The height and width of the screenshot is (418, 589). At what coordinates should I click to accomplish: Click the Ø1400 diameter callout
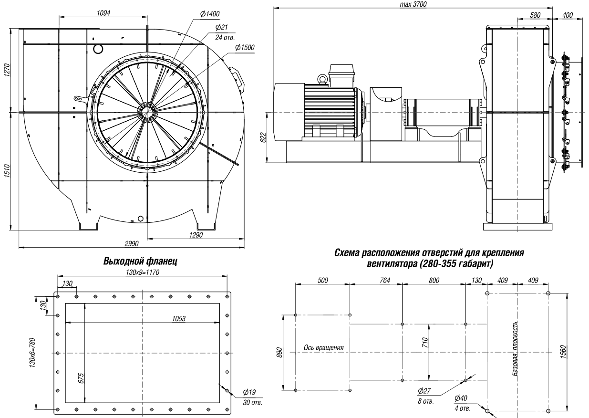pos(210,14)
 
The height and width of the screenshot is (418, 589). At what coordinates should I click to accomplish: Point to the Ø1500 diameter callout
pos(245,48)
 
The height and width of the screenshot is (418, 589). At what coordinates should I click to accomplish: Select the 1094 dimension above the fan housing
pos(103,13)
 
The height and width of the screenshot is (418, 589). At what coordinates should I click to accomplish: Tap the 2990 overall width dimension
pos(132,243)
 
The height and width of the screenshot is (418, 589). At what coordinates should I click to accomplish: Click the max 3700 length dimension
pos(413,4)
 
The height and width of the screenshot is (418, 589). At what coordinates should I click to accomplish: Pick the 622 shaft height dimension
pos(264,137)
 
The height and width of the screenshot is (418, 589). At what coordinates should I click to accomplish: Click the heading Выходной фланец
pos(140,261)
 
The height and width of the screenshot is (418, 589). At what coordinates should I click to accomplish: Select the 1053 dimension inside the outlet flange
pos(179,319)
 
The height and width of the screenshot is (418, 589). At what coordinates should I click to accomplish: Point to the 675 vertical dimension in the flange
pos(81,378)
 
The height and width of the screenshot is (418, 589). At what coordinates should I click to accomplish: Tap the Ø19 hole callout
pos(249,392)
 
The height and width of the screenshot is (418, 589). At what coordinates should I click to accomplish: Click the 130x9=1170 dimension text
pos(143,272)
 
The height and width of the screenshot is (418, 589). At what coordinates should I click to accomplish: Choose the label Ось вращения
pos(324,347)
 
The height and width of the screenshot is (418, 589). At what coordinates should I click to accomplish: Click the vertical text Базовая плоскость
pos(515,348)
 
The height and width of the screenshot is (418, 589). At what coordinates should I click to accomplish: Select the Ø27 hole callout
pos(424,391)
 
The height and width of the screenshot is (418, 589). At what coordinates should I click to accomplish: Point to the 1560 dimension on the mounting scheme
pos(563,352)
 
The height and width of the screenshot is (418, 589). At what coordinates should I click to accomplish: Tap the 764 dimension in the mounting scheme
pos(385,281)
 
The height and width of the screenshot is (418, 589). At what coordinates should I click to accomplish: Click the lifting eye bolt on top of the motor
pos(321,79)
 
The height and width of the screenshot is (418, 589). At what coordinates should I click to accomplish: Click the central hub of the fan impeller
pos(146,112)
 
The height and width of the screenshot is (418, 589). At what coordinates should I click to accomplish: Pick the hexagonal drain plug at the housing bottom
pos(140,219)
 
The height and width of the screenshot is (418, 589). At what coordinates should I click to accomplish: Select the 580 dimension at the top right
pos(535,15)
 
